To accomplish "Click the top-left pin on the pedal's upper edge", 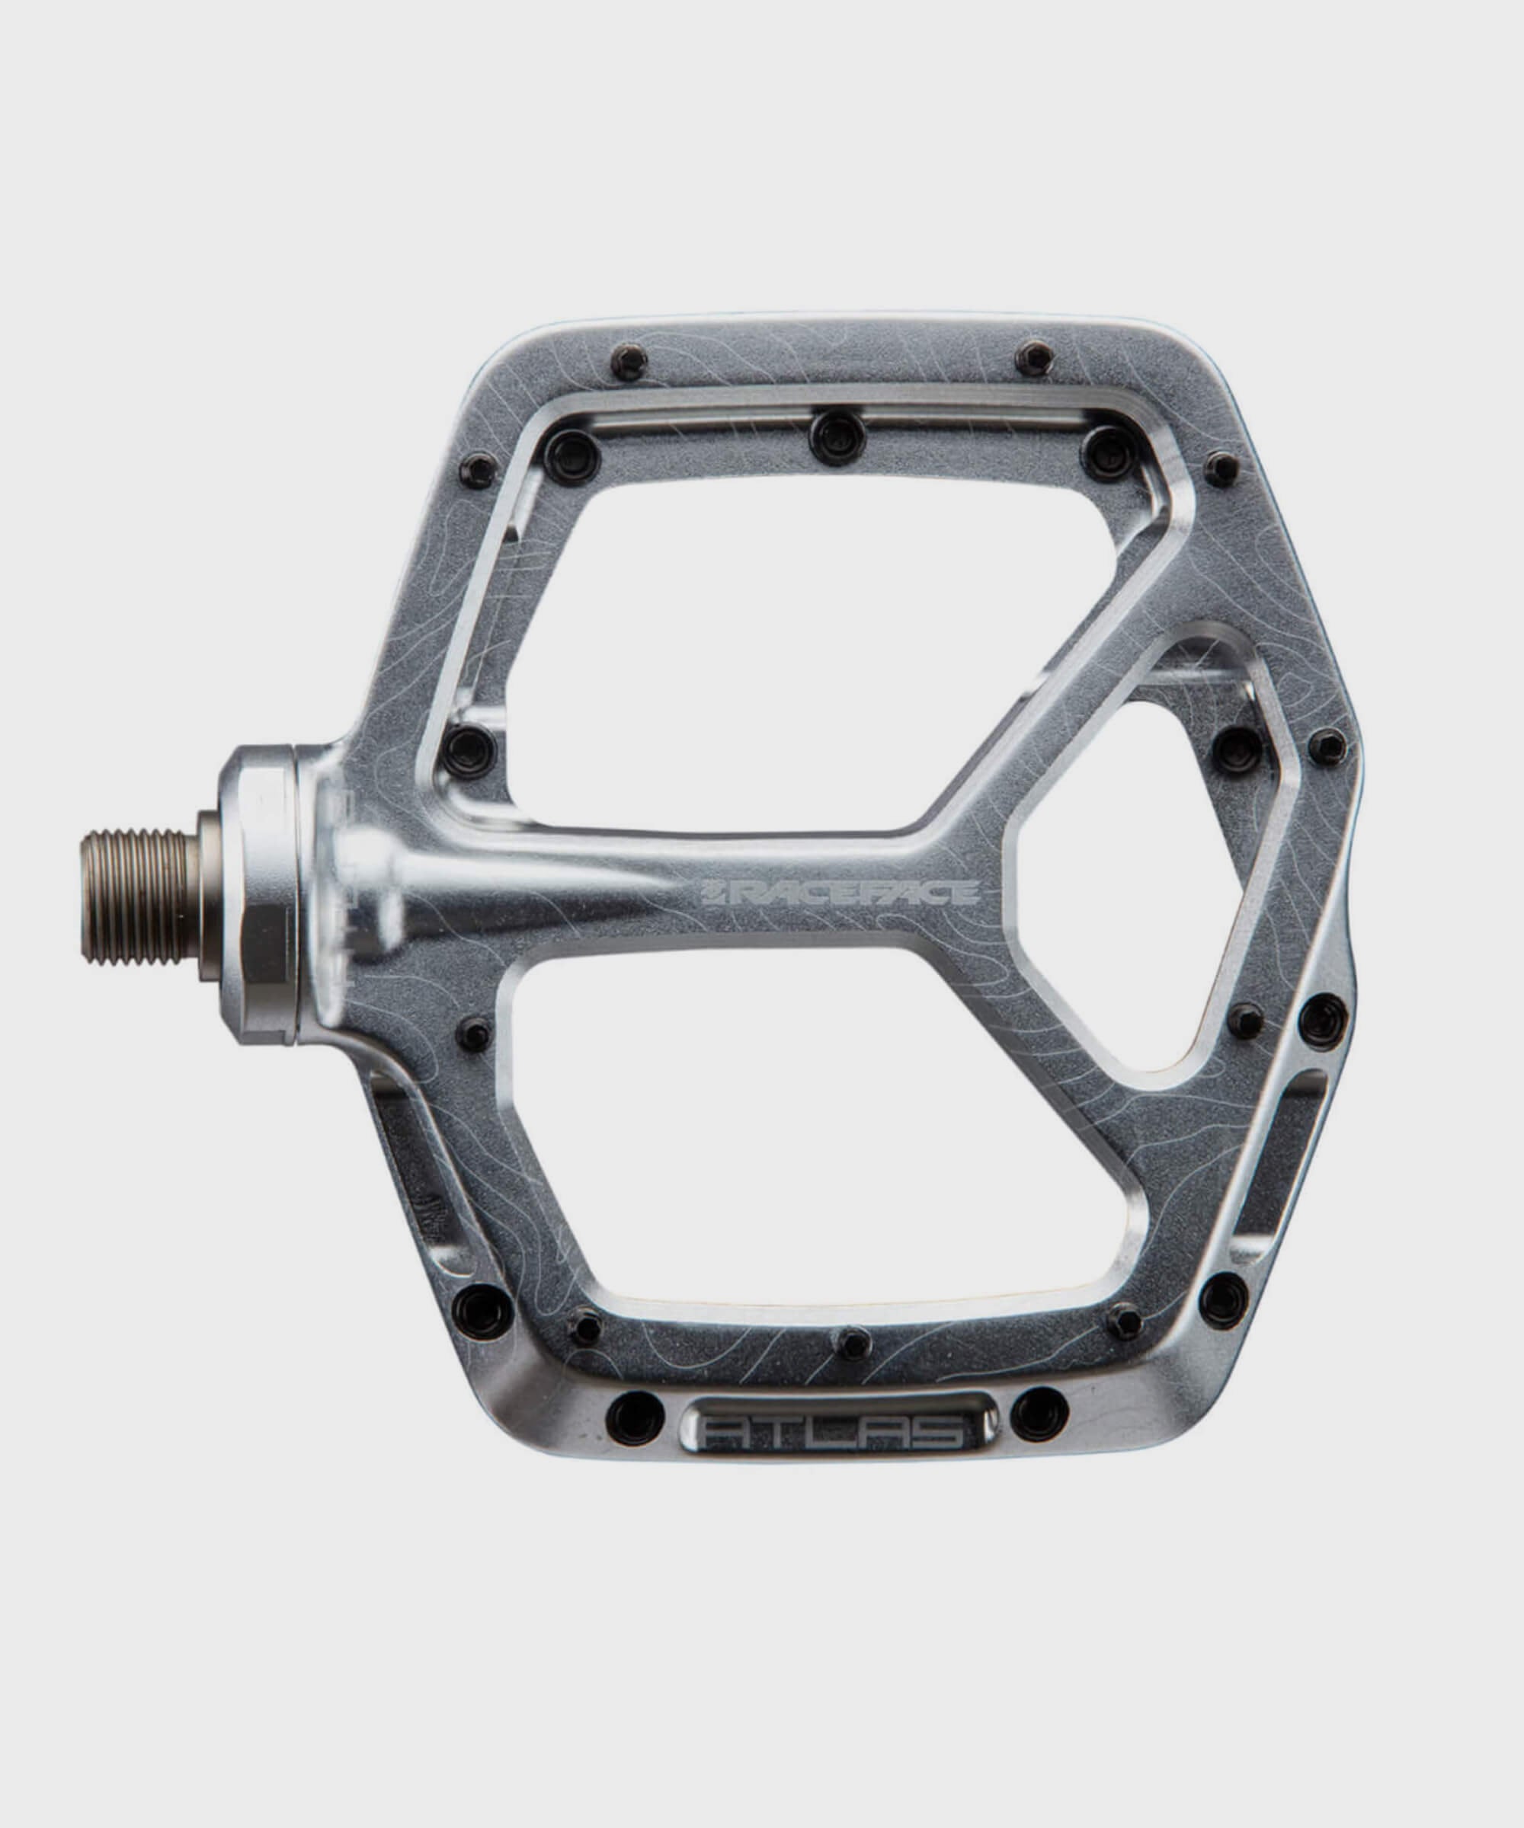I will [629, 360].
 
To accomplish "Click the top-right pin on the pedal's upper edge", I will [1036, 357].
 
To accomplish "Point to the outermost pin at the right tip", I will [1327, 747].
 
